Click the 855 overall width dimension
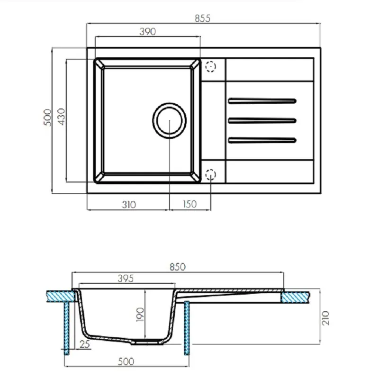(202, 18)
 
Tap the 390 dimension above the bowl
(148, 32)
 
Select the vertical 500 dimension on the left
(46, 118)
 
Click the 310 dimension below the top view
(128, 205)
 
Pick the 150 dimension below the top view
(189, 205)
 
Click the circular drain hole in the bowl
(169, 120)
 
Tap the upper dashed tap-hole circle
(210, 66)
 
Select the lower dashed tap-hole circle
(210, 174)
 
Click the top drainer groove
(262, 100)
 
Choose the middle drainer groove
(262, 120)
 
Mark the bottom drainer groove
(262, 140)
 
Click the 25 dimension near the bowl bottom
(86, 345)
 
